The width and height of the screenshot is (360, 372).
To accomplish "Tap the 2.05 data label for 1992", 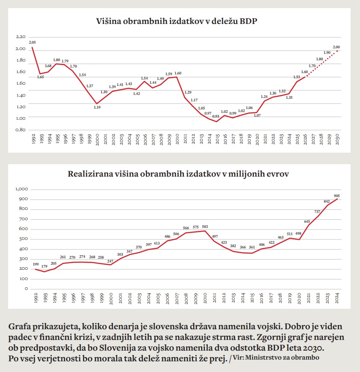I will pyautogui.click(x=32, y=42).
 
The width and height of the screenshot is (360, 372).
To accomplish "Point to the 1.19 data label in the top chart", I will pyautogui.click(x=97, y=107).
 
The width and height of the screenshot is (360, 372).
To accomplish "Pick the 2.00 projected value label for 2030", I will pyautogui.click(x=336, y=47).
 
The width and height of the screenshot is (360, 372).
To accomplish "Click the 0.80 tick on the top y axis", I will pyautogui.click(x=20, y=130).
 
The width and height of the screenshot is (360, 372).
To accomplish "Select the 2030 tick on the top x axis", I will pyautogui.click(x=337, y=139).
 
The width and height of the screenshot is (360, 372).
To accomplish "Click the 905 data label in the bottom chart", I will pyautogui.click(x=337, y=195).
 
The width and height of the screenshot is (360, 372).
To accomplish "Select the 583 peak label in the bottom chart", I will pyautogui.click(x=205, y=227).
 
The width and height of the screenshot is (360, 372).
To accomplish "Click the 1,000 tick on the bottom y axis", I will pyautogui.click(x=21, y=189).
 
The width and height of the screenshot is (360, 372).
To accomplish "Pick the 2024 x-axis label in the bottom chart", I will pyautogui.click(x=337, y=298).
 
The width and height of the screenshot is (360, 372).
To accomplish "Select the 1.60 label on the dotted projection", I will pyautogui.click(x=304, y=72).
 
